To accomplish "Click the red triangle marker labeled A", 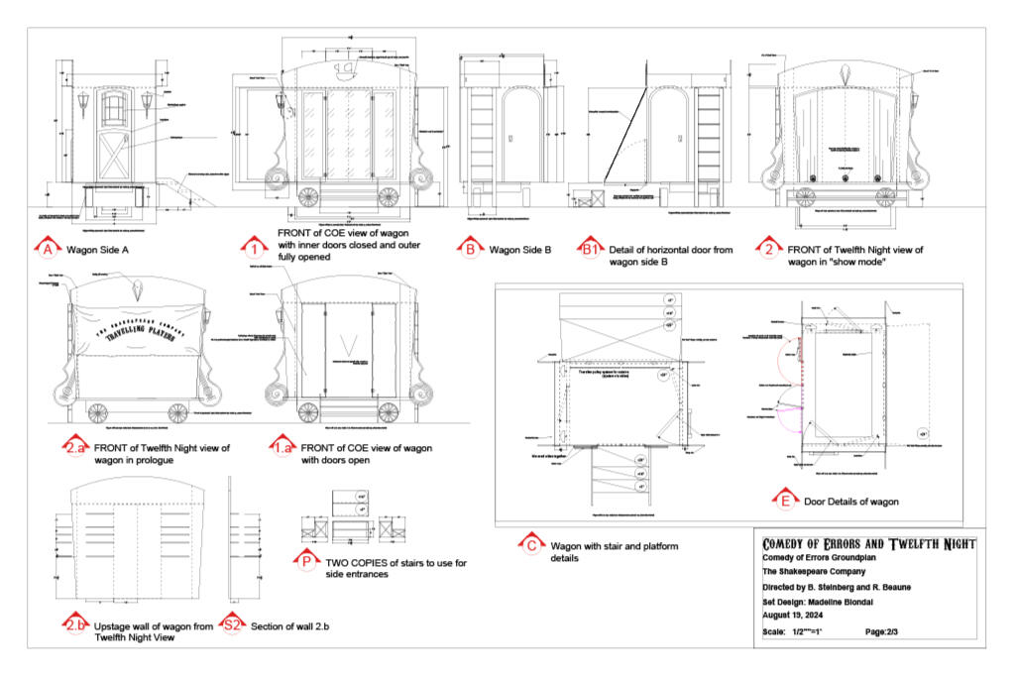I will [x=47, y=249].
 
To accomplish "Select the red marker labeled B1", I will [x=592, y=249].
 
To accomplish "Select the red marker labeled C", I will [x=531, y=544].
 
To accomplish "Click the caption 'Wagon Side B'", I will [x=519, y=250].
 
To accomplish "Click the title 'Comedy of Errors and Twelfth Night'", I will [x=868, y=544].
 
